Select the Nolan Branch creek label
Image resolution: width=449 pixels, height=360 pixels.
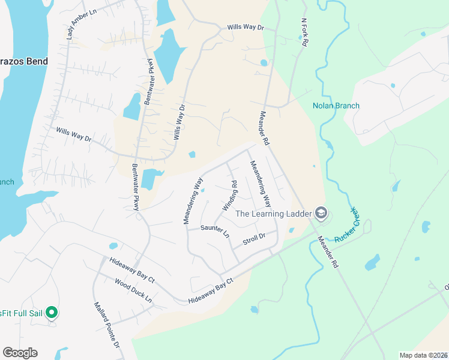point(336,106)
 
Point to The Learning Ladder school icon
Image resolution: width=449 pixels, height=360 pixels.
point(321,213)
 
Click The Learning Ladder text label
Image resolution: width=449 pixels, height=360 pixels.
point(273,214)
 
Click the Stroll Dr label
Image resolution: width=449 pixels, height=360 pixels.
point(253,240)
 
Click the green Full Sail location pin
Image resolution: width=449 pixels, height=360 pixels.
point(52,312)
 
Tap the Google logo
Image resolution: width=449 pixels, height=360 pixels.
point(20,353)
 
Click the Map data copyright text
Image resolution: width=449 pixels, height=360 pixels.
point(423,355)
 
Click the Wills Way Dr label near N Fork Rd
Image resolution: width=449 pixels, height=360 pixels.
point(246,28)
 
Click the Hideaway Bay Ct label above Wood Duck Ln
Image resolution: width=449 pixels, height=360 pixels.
point(132,271)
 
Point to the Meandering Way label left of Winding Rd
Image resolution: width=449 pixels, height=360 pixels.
point(194,200)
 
